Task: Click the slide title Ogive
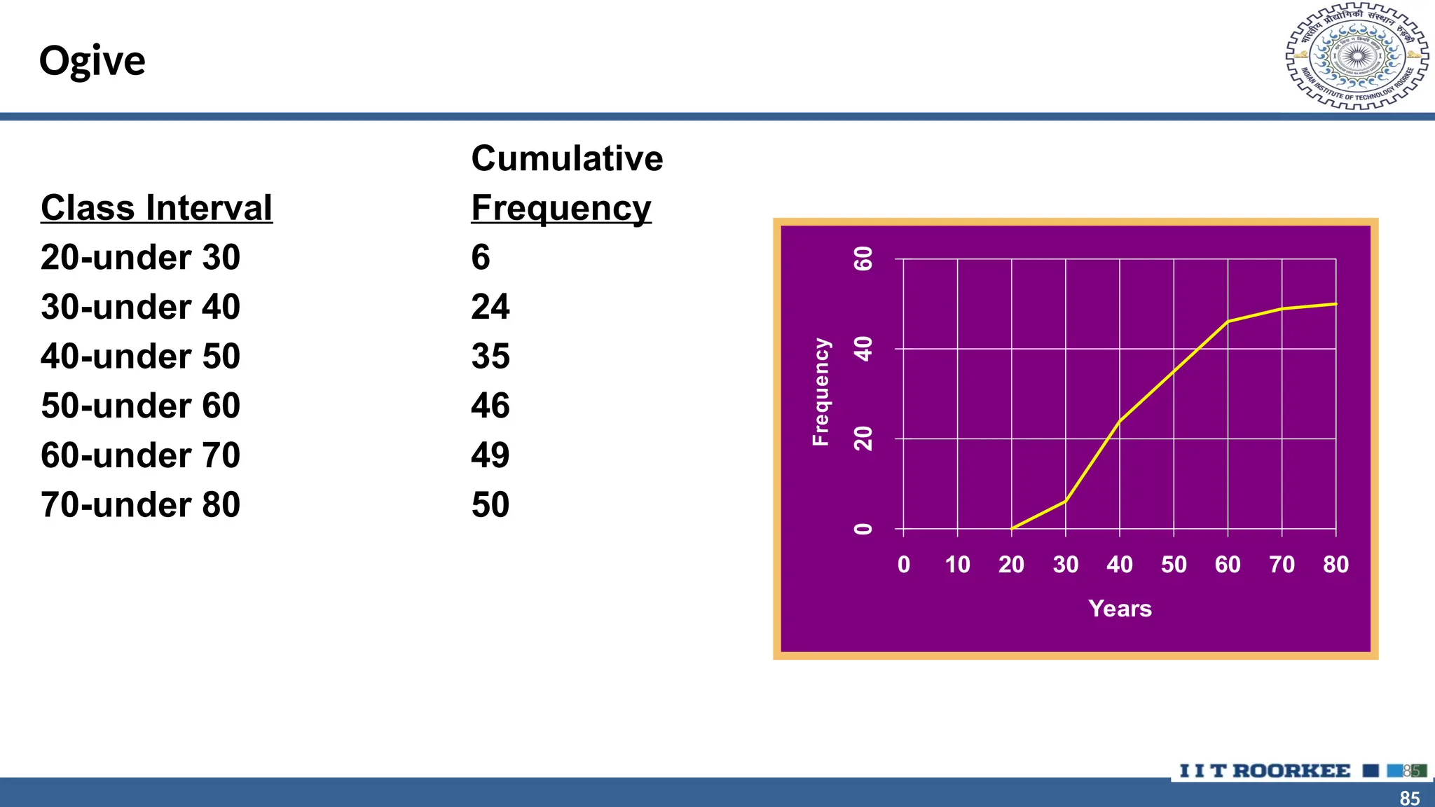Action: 92,62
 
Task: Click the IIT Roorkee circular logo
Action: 1357,57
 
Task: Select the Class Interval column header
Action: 156,208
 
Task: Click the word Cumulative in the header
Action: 566,158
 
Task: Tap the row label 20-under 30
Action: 140,257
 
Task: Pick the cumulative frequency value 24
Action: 490,307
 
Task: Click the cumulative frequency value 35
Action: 490,357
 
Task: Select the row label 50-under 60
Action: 140,406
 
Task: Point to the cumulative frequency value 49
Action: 490,456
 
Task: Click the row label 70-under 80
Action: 140,505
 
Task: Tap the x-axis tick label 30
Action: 1065,565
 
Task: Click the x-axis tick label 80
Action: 1336,565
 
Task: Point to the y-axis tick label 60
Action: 863,258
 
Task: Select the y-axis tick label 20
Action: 863,439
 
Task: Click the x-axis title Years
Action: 1120,609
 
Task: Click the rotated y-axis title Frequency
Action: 821,392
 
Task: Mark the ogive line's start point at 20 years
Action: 1012,528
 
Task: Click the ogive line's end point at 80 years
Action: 1336,304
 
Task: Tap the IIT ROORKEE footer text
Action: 1265,771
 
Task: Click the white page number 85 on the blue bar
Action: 1409,798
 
